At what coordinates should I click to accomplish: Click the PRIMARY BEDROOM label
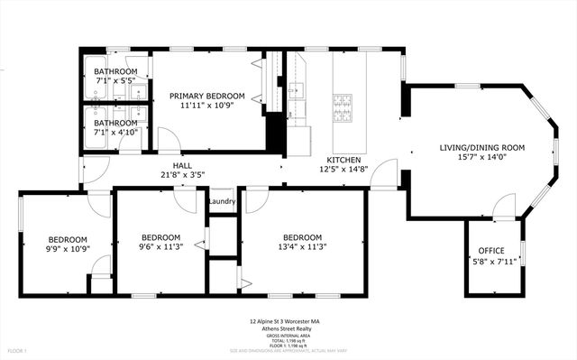(207, 96)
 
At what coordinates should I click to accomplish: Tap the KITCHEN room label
(343, 158)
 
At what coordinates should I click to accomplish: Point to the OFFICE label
(492, 251)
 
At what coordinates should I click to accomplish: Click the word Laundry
(222, 201)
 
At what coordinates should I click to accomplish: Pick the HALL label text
(182, 165)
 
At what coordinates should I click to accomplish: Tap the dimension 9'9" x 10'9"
(69, 247)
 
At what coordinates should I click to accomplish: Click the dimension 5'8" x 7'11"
(492, 262)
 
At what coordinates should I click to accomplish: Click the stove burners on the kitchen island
(343, 107)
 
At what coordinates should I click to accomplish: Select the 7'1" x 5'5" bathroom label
(115, 72)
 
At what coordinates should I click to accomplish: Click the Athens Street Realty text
(288, 328)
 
